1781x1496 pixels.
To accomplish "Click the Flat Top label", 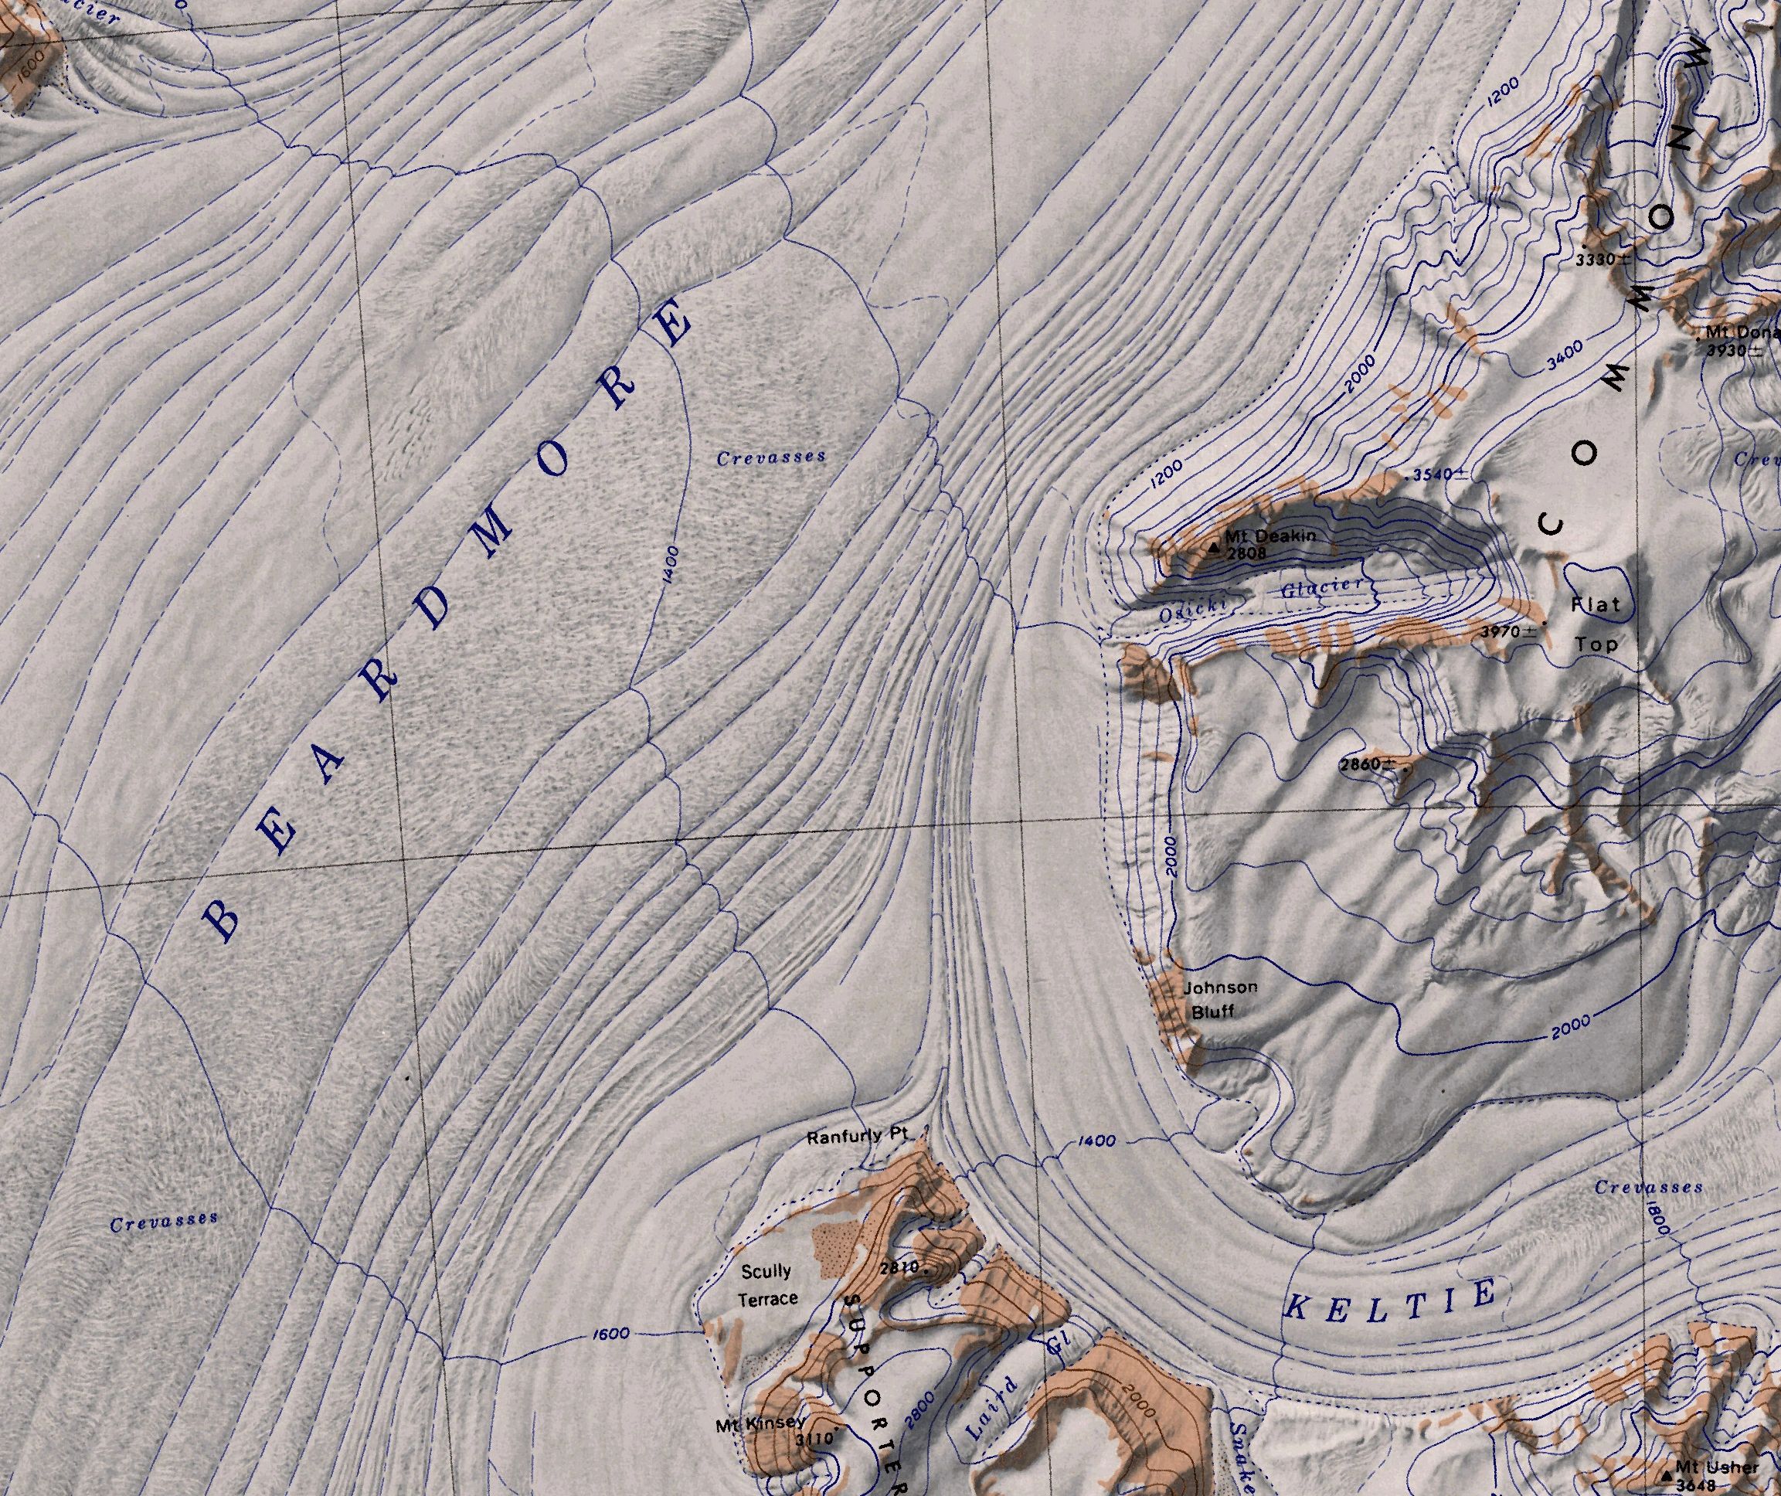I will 1596,624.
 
